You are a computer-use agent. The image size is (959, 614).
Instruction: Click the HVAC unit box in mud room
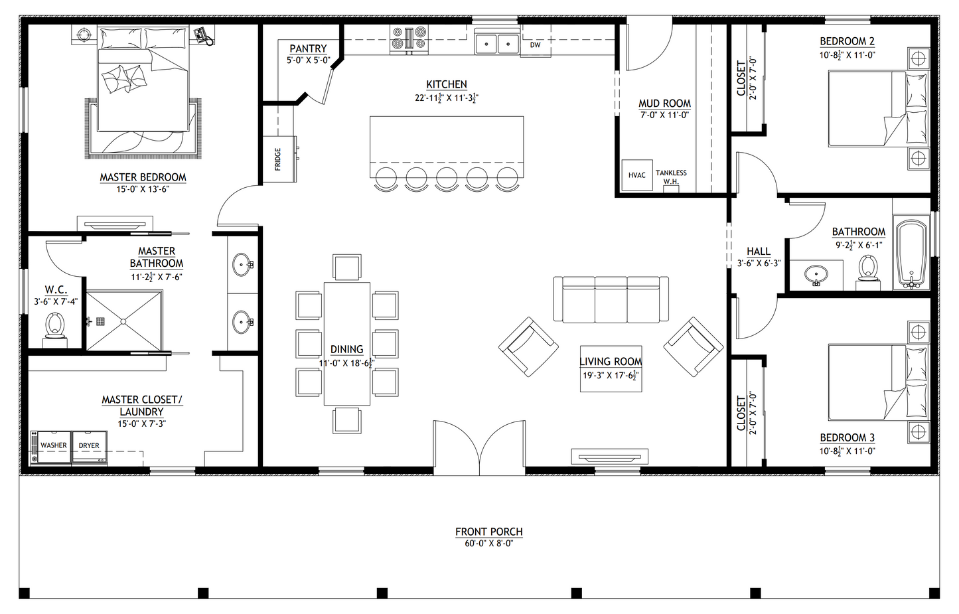[x=636, y=175]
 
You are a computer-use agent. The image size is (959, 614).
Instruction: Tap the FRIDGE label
[x=277, y=159]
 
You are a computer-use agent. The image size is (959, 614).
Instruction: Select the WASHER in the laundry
[x=53, y=446]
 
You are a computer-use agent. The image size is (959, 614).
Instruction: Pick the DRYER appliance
[x=89, y=446]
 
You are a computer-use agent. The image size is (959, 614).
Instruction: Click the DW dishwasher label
[x=535, y=45]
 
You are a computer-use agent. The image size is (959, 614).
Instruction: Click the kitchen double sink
[x=497, y=43]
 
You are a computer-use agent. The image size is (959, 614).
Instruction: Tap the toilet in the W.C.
[x=55, y=326]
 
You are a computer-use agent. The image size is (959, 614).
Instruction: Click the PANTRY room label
[x=308, y=48]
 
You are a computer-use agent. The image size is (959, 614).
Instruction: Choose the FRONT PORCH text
[x=488, y=532]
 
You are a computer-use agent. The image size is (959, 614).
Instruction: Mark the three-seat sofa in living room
[x=611, y=299]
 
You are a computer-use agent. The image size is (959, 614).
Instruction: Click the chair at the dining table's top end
[x=347, y=268]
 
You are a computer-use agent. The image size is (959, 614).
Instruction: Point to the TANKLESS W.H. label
[x=671, y=177]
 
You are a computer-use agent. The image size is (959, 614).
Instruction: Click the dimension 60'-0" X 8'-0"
[x=488, y=544]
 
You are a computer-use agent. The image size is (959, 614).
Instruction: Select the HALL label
[x=759, y=252]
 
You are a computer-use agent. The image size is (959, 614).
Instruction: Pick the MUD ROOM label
[x=664, y=104]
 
